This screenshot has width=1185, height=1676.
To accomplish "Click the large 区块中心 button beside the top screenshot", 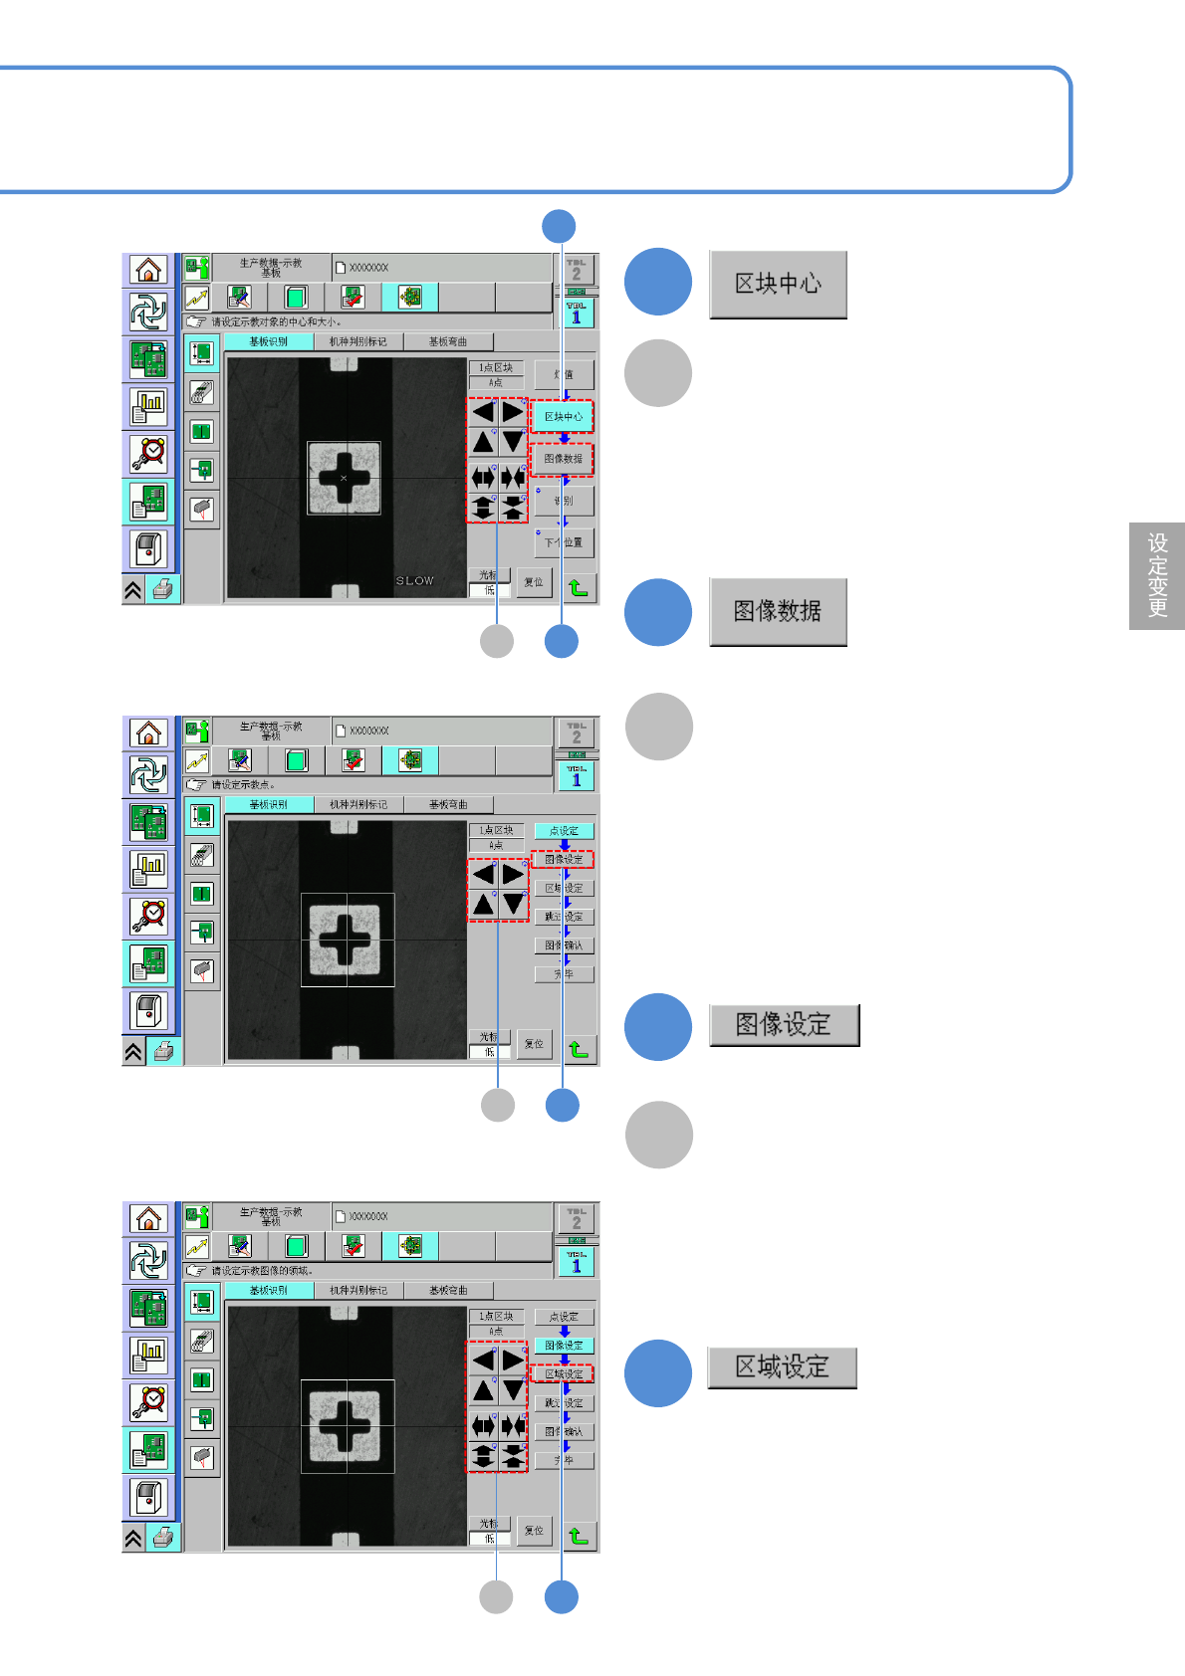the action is pos(778,285).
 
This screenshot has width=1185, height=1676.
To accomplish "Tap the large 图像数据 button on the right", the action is pos(778,611).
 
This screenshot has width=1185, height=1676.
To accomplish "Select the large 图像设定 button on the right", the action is pos(784,1025).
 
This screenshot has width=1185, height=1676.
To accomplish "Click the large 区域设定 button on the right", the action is pos(782,1367).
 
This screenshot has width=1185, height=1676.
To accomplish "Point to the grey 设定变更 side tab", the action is pos(1157,575).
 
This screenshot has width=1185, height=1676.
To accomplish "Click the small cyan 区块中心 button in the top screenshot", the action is pos(563,416).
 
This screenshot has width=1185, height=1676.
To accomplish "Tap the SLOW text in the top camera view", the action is pos(415,580).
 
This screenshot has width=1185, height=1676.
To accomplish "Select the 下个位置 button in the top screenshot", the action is pos(565,542).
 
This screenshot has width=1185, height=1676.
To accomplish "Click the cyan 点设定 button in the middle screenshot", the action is pos(564,830).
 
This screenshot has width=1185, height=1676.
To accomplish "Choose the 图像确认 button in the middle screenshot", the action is pos(564,945).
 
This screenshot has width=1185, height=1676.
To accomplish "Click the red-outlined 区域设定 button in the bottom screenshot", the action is pos(564,1373).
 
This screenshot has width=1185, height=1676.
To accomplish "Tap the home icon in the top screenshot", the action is pos(148,270).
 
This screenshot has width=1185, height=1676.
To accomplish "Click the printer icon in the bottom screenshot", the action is pos(164,1538).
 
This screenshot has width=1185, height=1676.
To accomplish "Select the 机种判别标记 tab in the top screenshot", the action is pos(358,341).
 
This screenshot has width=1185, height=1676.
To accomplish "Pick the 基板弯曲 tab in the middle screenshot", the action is pos(448,804).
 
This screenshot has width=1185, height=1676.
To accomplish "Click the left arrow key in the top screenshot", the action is pos(483,412).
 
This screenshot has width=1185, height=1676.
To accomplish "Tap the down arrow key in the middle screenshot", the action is pos(513,904).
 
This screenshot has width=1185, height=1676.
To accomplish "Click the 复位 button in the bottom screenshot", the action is pos(535,1531).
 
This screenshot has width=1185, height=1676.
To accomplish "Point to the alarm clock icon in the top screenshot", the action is pos(149,453).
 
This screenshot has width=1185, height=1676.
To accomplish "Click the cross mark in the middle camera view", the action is pos(346,939).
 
